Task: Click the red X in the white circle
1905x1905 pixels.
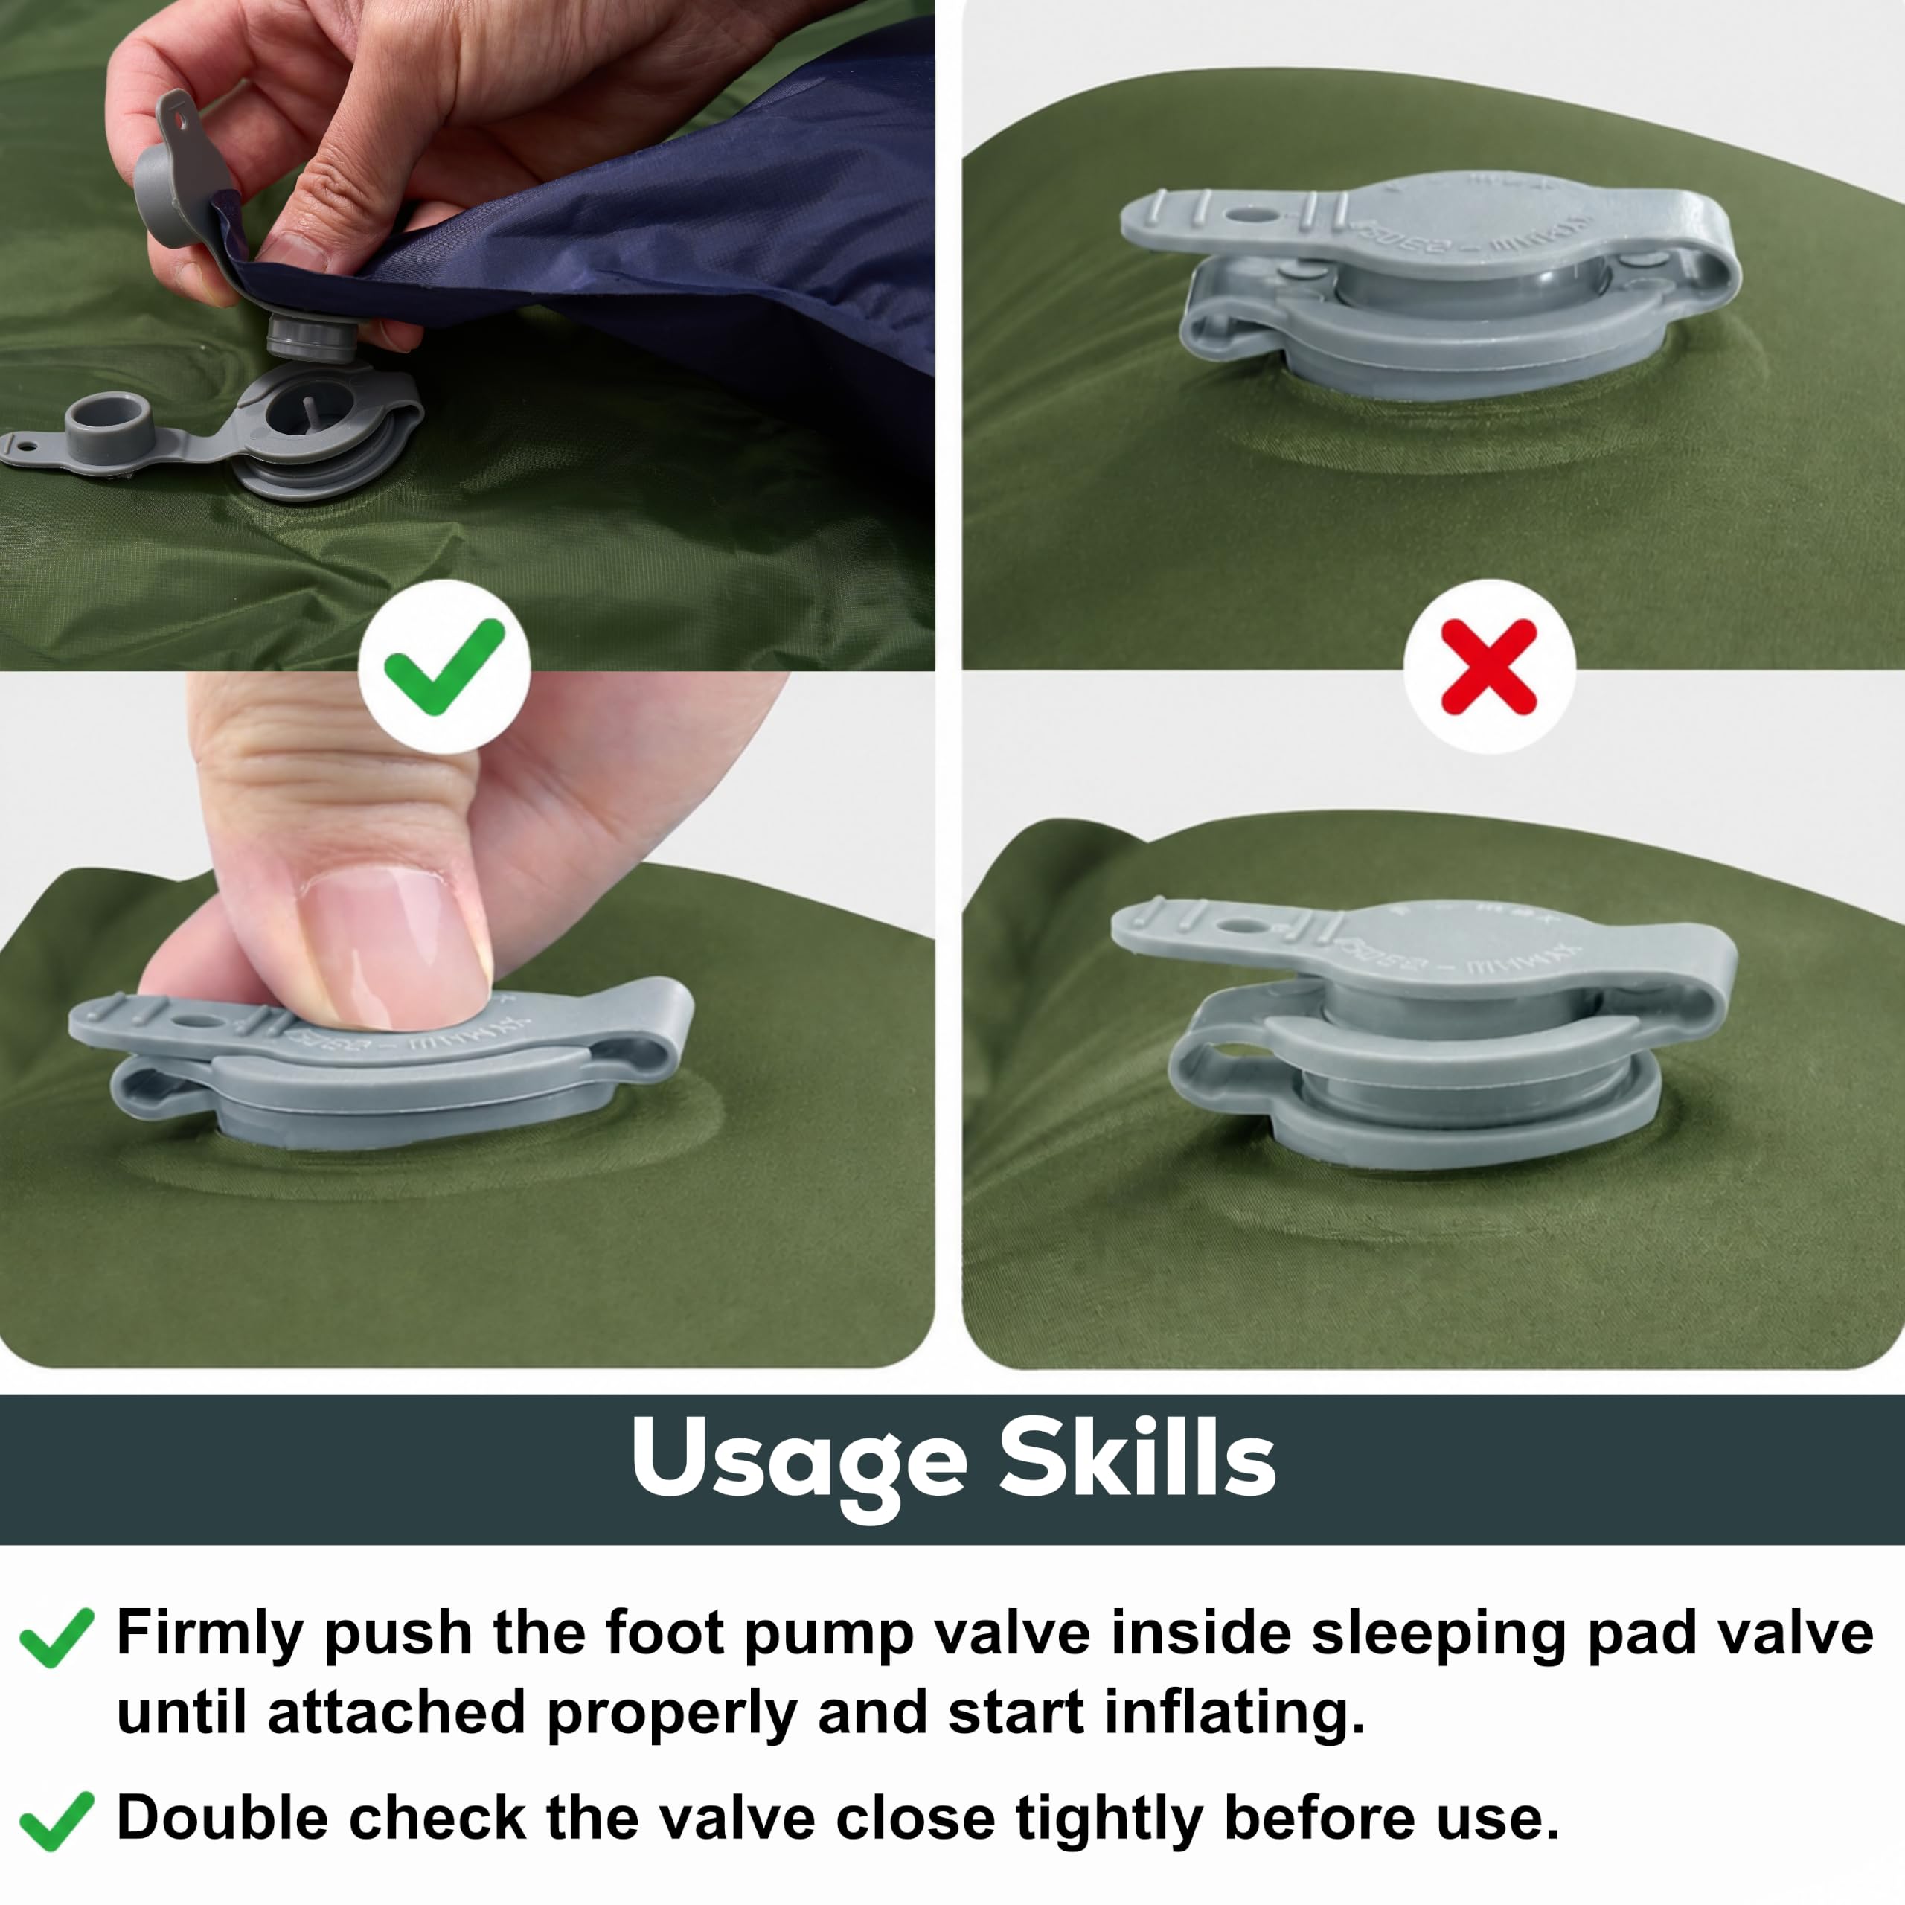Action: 1489,667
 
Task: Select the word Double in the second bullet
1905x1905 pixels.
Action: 222,1816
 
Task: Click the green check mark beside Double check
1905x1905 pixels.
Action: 57,1820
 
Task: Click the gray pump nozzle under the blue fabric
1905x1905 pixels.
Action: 313,336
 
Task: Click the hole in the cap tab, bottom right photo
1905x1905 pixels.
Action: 1243,928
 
